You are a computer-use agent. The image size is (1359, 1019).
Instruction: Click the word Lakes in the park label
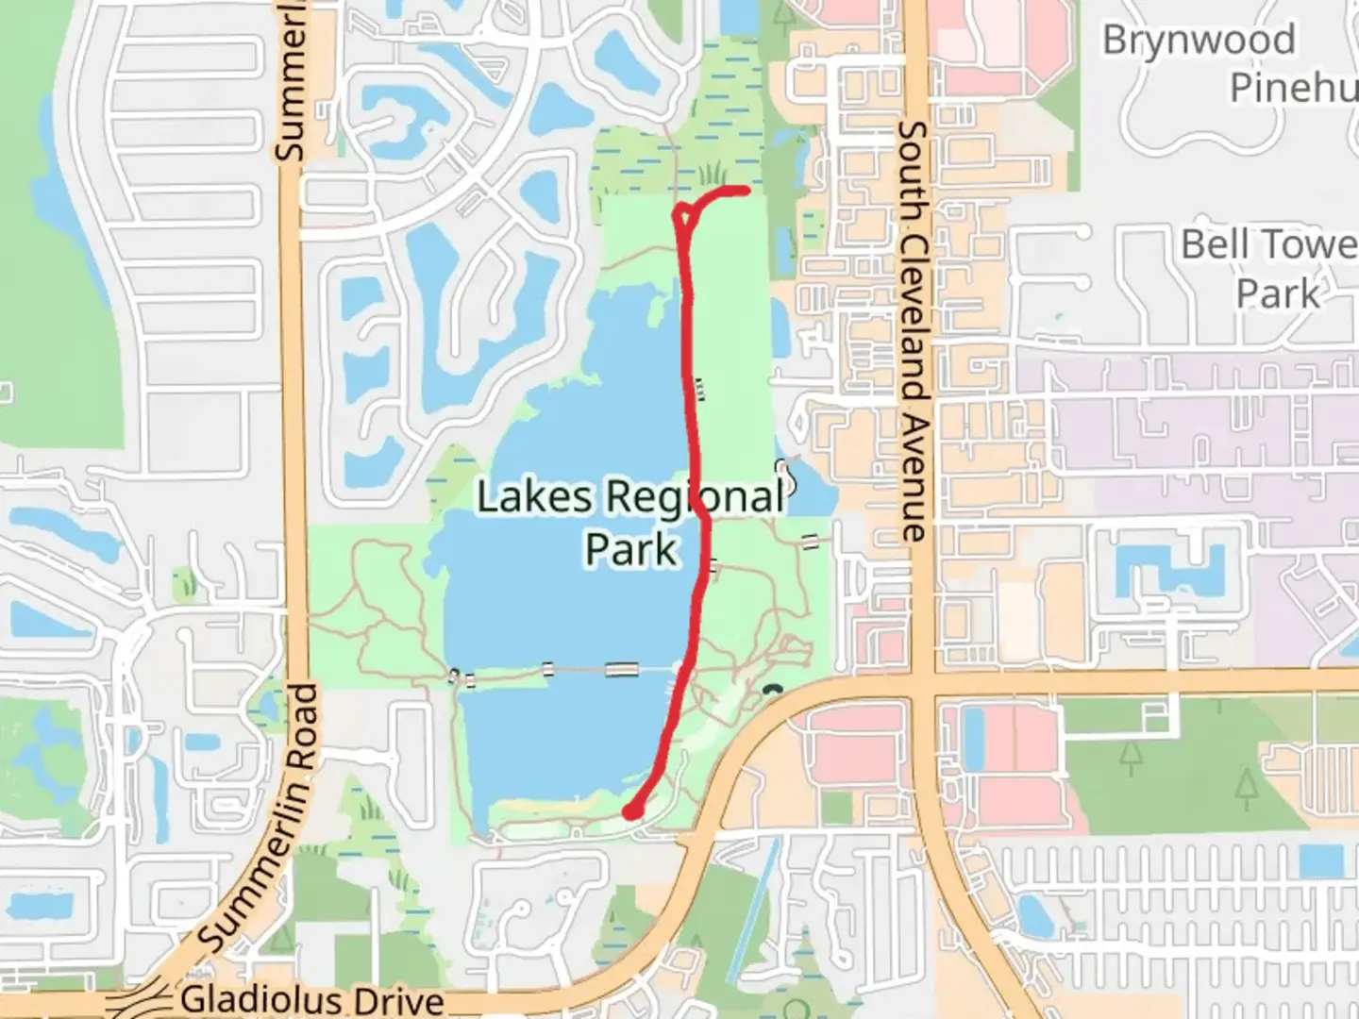(x=533, y=497)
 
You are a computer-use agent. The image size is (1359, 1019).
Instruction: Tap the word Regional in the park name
(x=694, y=497)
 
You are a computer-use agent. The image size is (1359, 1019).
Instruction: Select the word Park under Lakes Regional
(x=630, y=549)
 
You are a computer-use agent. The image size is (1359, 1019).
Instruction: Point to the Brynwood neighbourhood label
(x=1199, y=41)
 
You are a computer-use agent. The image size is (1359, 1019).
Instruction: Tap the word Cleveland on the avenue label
(x=914, y=298)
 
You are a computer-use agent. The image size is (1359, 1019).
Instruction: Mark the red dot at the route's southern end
(x=633, y=810)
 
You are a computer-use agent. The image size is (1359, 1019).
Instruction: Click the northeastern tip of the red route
(x=746, y=191)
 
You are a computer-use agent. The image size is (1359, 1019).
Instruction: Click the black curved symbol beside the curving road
(x=774, y=690)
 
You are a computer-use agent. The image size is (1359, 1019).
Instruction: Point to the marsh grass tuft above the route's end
(x=713, y=173)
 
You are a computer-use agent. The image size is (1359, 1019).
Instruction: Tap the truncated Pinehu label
(x=1293, y=88)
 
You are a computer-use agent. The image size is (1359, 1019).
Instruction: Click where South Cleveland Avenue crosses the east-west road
(x=921, y=683)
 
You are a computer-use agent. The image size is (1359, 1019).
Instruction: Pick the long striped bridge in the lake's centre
(x=621, y=670)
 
